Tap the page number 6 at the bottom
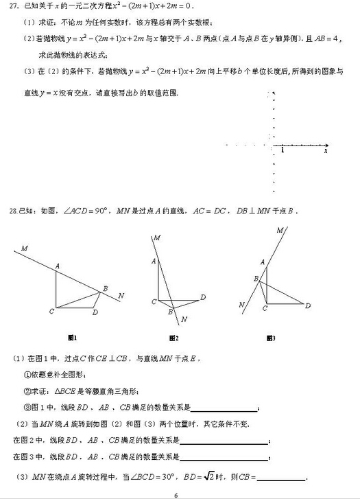(x=176, y=494)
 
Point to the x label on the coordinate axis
(x=326, y=151)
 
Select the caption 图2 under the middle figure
(x=173, y=337)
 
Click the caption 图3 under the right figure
(x=272, y=337)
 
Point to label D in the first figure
(x=95, y=313)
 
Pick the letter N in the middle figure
(x=184, y=319)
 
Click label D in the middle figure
(x=203, y=297)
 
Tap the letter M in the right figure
(x=279, y=231)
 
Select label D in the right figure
(x=307, y=305)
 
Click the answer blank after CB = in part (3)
(x=281, y=478)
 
